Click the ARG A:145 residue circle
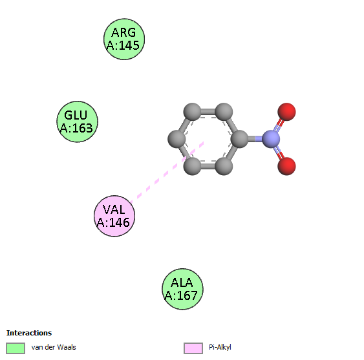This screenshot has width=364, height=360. click(x=124, y=39)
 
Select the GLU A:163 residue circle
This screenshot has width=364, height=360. click(x=78, y=122)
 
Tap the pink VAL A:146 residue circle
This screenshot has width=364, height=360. click(x=114, y=216)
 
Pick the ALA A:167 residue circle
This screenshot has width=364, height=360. click(x=182, y=289)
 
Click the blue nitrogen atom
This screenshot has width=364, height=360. click(x=271, y=139)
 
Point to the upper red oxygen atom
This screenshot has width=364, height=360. click(x=286, y=112)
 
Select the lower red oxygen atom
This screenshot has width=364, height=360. click(x=286, y=166)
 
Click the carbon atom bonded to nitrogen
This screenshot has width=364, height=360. click(x=239, y=139)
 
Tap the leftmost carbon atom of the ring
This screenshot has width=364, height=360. click(x=177, y=139)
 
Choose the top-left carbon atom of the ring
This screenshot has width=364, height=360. click(x=192, y=112)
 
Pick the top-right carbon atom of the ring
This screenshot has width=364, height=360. click(x=224, y=112)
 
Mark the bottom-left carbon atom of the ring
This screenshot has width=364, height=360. click(x=192, y=166)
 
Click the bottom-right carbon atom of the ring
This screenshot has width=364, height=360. click(x=224, y=166)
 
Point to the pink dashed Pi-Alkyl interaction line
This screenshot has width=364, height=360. click(x=167, y=173)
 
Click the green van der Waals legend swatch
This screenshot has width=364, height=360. click(x=16, y=348)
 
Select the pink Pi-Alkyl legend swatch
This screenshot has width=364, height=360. click(x=193, y=348)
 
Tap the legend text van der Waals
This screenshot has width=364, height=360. click(x=54, y=347)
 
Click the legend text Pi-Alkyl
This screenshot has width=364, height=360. click(x=220, y=348)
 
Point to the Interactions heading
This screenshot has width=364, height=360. click(x=29, y=333)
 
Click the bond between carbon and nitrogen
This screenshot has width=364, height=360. click(x=255, y=139)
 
